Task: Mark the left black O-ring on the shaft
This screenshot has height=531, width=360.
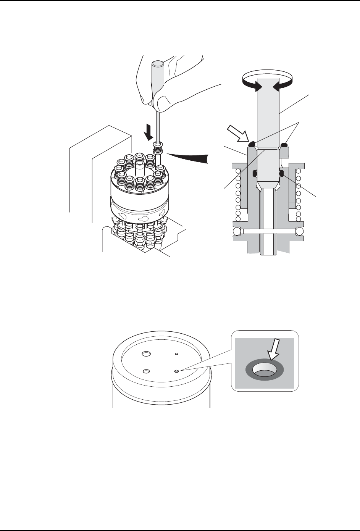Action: click(x=255, y=174)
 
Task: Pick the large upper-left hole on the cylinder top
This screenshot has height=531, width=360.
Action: click(x=145, y=354)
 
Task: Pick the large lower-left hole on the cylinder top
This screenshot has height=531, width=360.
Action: click(x=145, y=371)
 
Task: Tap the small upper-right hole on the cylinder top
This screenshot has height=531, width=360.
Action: click(x=176, y=354)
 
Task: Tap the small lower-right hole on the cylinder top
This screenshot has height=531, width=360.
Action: click(x=176, y=371)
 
